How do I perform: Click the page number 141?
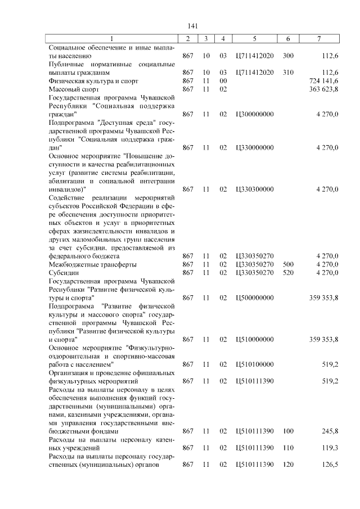coord(192,26)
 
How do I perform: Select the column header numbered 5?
coord(255,39)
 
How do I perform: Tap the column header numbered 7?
coord(319,39)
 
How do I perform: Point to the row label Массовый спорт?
coord(74,89)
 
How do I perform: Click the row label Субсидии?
coord(64,273)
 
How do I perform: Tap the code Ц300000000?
coord(255,114)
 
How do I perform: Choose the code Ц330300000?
coord(255,189)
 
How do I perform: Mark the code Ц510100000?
coord(255,364)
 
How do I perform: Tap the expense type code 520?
coord(288,273)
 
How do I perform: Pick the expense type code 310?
coord(288,73)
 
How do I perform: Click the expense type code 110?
coord(288,448)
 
